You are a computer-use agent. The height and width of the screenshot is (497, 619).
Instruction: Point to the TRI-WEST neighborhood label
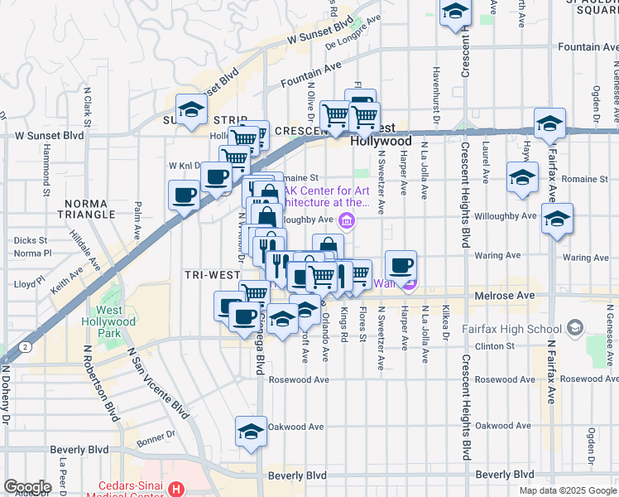click(207, 273)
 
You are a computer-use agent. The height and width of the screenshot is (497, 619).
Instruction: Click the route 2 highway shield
click(27, 345)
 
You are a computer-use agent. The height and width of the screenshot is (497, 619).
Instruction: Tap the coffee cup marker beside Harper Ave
click(401, 266)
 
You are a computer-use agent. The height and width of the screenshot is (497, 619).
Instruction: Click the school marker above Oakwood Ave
click(251, 431)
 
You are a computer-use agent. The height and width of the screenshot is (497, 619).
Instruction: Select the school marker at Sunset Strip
click(192, 109)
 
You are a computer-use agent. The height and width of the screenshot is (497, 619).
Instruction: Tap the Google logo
click(27, 486)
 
